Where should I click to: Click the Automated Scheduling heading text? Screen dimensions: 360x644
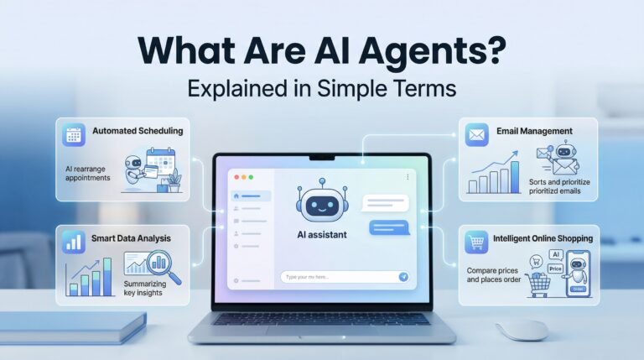click(137, 132)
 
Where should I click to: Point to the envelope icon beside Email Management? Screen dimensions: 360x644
click(478, 132)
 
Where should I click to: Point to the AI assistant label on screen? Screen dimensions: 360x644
click(321, 235)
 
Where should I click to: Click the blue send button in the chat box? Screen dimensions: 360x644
click(403, 276)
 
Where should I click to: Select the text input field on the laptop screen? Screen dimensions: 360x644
click(335, 276)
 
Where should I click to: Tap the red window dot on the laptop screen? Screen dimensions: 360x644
click(237, 177)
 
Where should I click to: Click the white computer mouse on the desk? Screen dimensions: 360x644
click(522, 329)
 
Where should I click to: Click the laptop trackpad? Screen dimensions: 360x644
click(321, 333)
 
